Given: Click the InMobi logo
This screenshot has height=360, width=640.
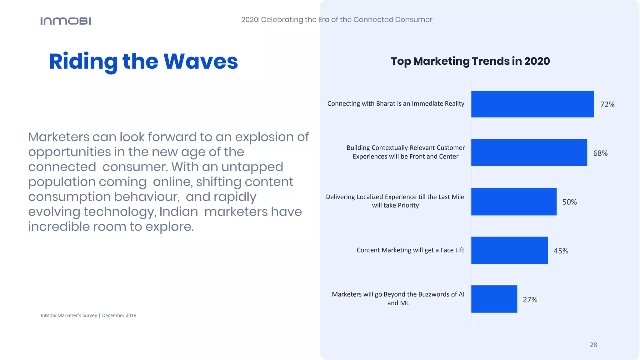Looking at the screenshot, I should [x=66, y=21].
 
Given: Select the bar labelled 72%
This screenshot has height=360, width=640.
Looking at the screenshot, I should [x=532, y=104].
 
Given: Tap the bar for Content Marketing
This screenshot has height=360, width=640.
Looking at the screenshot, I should [x=509, y=250].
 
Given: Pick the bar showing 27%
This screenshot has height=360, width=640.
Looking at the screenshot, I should [x=494, y=299].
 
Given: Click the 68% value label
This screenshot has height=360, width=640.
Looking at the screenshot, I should [x=600, y=153].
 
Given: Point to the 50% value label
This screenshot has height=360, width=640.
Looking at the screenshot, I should [x=569, y=202].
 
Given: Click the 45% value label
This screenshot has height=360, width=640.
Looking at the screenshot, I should [x=561, y=251].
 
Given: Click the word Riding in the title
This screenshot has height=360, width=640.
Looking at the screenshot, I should [x=83, y=62].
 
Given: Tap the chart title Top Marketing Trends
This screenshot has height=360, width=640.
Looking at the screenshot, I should [x=470, y=61].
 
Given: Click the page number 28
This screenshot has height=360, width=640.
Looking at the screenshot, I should [x=593, y=345].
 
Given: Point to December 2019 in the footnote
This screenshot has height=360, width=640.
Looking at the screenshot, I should [x=119, y=315].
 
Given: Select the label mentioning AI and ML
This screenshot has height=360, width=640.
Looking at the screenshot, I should [x=398, y=298].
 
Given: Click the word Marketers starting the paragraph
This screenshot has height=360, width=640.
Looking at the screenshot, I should [x=59, y=137].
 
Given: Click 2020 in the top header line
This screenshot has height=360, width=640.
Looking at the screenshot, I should [x=250, y=19].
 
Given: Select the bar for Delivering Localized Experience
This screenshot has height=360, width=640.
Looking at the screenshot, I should [x=513, y=202].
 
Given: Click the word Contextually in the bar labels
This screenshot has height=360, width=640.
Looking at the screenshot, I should [x=390, y=148].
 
